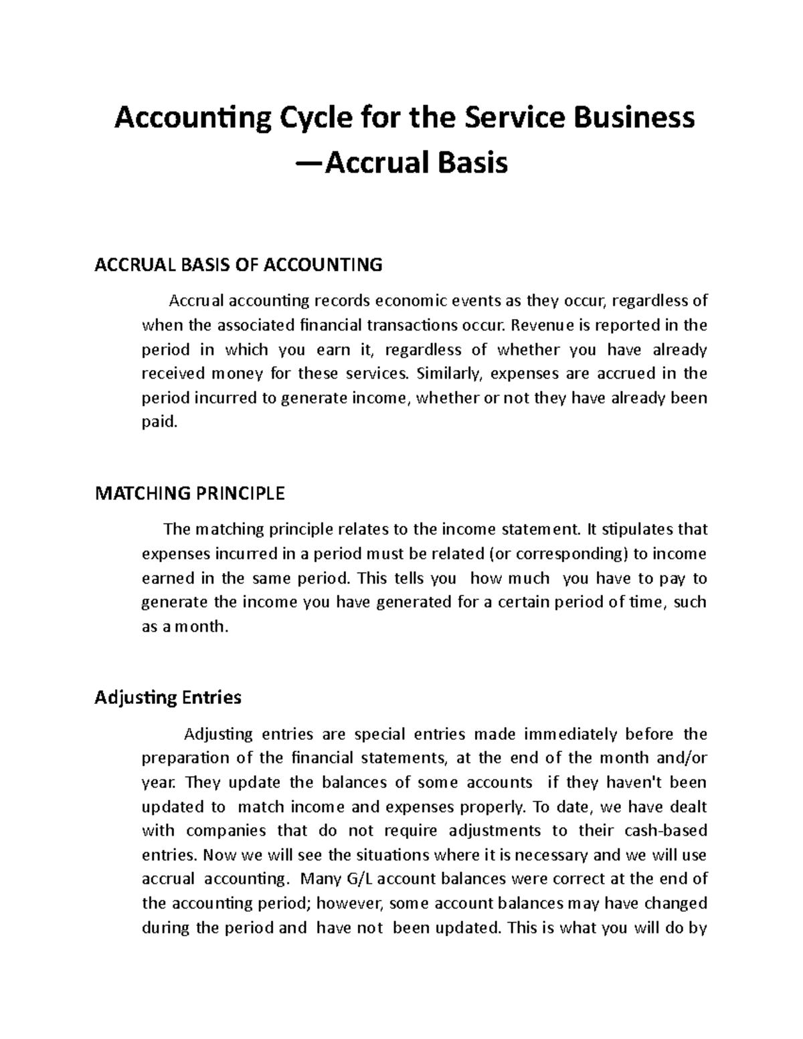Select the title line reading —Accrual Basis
[401, 163]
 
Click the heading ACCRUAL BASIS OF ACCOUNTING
[238, 265]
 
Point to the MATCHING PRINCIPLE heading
[190, 494]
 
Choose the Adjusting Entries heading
[167, 698]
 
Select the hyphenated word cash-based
[665, 831]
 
